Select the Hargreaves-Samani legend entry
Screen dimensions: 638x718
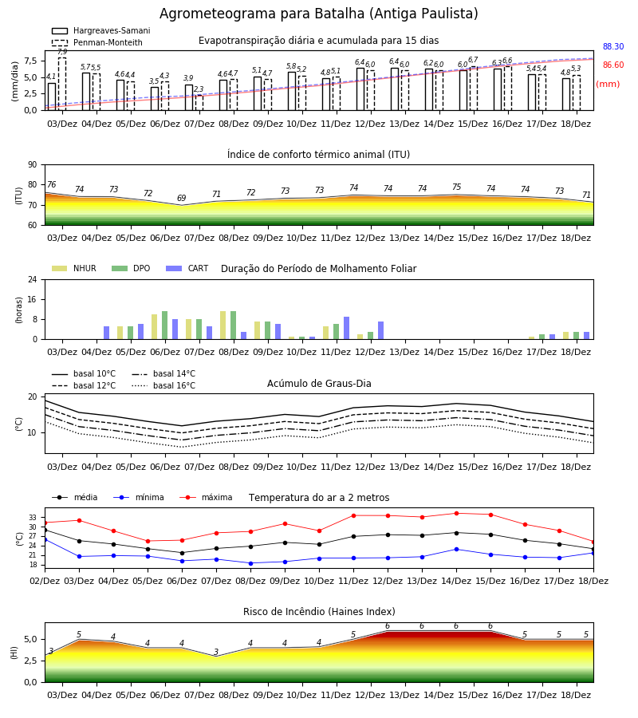point(100,30)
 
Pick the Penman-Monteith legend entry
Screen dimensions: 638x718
point(97,42)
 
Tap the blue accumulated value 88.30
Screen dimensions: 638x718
point(613,47)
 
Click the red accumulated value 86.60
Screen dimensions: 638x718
point(613,65)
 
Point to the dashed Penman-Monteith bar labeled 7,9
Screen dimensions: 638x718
point(62,84)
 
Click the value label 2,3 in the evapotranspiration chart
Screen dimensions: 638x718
point(199,89)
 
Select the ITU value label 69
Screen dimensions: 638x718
point(182,199)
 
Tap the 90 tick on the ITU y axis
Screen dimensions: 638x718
point(32,165)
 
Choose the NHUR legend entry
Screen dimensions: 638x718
point(74,268)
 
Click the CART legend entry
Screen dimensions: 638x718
point(187,268)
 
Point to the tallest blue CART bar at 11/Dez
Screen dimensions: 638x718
point(346,329)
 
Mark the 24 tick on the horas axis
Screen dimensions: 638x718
point(33,280)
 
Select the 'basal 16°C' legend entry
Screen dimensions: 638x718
point(163,385)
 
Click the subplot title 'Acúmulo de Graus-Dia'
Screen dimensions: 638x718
point(319,384)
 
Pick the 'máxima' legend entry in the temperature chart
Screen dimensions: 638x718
point(206,497)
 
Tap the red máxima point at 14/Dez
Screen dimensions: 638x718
point(456,513)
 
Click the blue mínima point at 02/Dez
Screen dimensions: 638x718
point(45,540)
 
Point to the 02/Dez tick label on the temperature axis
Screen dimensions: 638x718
point(45,581)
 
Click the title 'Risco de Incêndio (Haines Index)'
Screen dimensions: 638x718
point(319,612)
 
